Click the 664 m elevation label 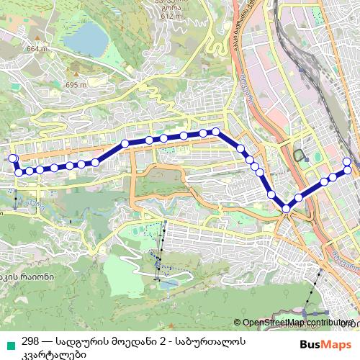[35, 49]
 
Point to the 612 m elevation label [171, 15]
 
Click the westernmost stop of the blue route [12, 158]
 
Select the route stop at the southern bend [287, 209]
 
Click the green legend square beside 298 [9, 342]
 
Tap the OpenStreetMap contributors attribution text [295, 323]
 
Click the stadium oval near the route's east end [300, 156]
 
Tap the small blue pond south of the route [166, 285]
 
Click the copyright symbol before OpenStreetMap [238, 323]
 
